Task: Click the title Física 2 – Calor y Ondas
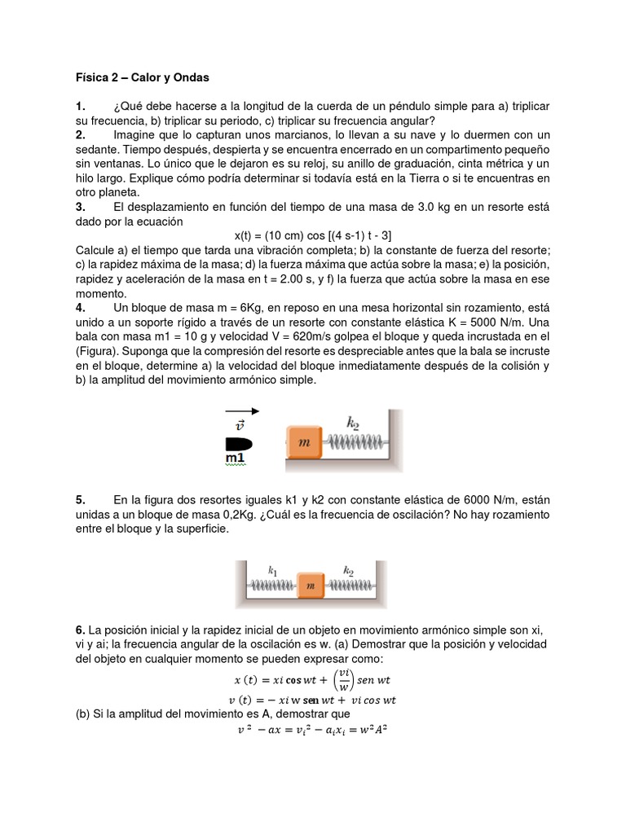[x=143, y=78]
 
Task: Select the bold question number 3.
[x=80, y=207]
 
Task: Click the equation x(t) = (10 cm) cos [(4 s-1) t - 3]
[x=313, y=235]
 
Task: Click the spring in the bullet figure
[x=355, y=442]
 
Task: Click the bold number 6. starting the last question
[x=80, y=630]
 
